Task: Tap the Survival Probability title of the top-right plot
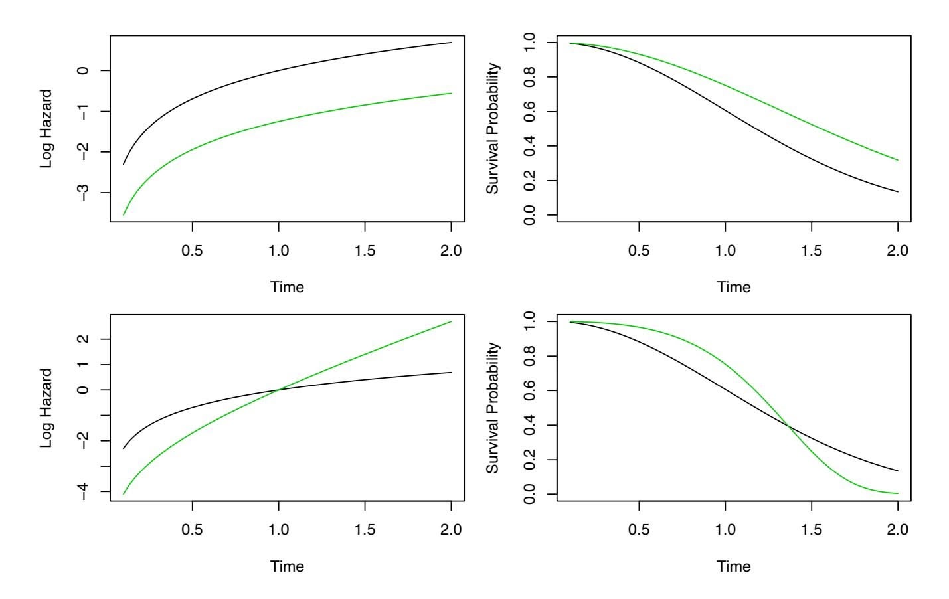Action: [x=492, y=128]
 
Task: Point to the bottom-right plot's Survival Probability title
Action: [x=492, y=408]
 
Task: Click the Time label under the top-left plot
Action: [x=287, y=288]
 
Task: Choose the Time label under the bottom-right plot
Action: [x=734, y=566]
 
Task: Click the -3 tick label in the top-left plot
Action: [x=84, y=193]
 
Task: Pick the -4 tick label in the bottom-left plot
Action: [x=84, y=491]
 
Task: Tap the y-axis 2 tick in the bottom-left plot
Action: [x=84, y=339]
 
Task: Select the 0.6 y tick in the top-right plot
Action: [x=531, y=112]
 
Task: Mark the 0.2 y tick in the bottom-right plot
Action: [x=531, y=460]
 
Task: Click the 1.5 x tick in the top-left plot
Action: [x=365, y=251]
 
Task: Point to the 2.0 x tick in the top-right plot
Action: [x=898, y=251]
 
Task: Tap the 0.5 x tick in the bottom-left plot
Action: [x=193, y=530]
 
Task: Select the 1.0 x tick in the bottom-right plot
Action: [x=725, y=530]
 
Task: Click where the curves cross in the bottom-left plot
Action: [x=279, y=390]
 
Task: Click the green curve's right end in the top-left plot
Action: [x=451, y=93]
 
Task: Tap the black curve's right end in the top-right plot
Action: [x=898, y=192]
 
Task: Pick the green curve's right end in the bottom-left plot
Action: [x=451, y=322]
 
